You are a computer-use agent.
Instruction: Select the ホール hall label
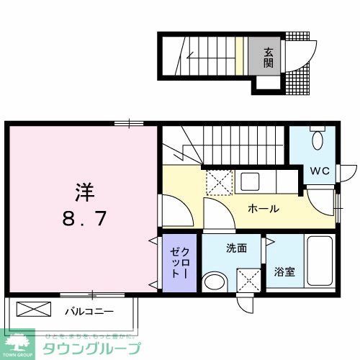tap(263, 209)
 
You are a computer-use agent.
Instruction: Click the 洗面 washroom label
tap(236, 248)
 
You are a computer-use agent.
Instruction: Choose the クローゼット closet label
tap(178, 264)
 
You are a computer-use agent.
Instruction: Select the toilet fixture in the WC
tap(318, 141)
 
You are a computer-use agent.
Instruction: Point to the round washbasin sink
tap(214, 281)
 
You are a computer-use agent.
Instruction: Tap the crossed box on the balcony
tap(34, 310)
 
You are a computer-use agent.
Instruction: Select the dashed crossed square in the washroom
tap(249, 279)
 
